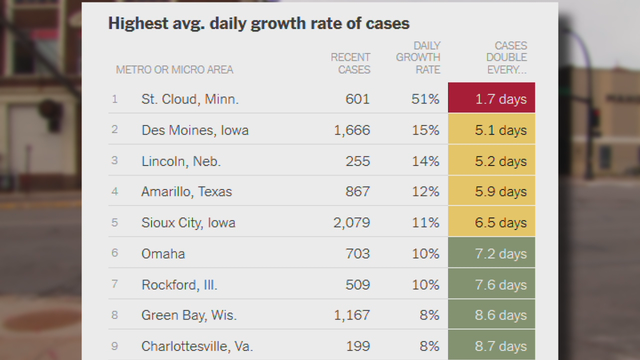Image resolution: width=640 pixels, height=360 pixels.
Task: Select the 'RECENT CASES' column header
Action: point(350,63)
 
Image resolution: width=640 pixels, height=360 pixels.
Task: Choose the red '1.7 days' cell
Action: point(492,99)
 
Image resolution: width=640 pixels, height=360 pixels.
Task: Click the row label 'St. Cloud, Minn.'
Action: point(189,99)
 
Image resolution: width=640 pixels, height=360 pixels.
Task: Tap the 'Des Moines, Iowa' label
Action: point(194,130)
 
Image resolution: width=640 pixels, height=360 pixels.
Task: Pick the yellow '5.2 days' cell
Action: point(492,161)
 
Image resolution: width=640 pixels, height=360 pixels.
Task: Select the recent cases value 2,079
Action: point(347,223)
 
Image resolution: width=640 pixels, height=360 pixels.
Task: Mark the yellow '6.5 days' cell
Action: point(492,223)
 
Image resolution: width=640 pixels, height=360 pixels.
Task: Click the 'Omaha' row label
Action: point(162,254)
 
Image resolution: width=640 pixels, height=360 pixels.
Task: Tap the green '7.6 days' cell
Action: point(492,285)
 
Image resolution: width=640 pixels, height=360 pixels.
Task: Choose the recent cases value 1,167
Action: point(347,316)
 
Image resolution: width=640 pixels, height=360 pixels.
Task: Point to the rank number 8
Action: point(115,316)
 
